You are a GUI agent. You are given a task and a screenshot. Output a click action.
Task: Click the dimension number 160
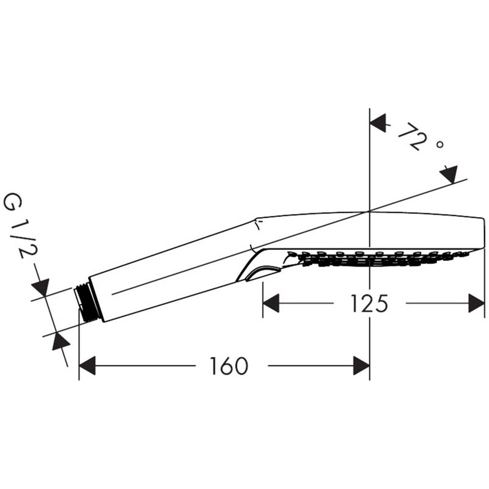tap(229, 366)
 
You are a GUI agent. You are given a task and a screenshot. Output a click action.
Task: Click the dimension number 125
tap(369, 303)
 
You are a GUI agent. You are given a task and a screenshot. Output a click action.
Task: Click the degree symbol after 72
tap(439, 145)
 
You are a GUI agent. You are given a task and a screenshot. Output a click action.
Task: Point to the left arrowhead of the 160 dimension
tap(87, 366)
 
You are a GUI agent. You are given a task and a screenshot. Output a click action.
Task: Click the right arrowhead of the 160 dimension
tap(361, 366)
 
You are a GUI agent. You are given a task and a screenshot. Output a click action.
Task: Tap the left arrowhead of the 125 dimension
tap(271, 303)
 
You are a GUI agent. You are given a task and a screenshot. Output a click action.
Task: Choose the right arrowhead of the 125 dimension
tap(477, 303)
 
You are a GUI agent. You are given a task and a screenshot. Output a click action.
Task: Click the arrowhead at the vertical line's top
tap(378, 123)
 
